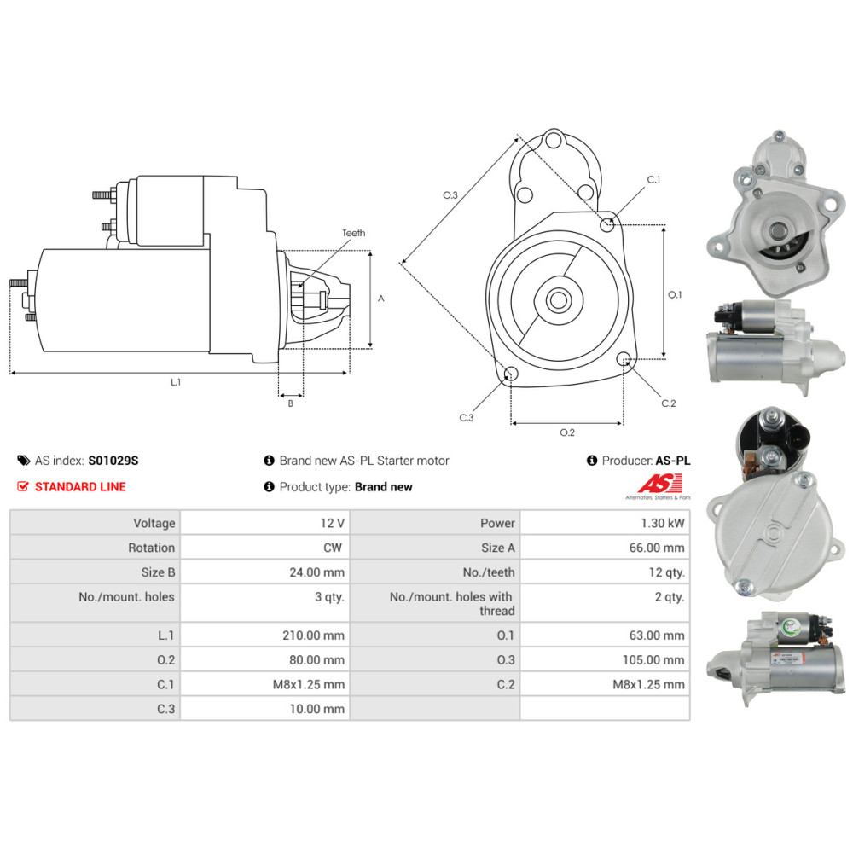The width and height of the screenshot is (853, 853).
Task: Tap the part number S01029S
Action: [113, 461]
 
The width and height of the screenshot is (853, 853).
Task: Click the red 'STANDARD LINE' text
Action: [79, 487]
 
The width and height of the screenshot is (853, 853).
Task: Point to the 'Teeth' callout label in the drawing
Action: [353, 233]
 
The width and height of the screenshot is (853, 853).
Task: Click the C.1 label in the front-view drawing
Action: [653, 180]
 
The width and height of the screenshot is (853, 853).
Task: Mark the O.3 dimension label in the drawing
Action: [450, 195]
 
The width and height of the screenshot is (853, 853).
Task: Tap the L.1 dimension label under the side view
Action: [176, 382]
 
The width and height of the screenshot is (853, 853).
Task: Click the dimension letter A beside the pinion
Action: [381, 299]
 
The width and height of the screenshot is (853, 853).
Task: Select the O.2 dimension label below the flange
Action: [566, 432]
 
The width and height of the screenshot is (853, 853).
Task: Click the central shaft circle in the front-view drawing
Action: [559, 300]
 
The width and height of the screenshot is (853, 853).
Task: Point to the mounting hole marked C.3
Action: [511, 374]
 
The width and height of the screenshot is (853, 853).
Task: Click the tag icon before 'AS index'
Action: [23, 461]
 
